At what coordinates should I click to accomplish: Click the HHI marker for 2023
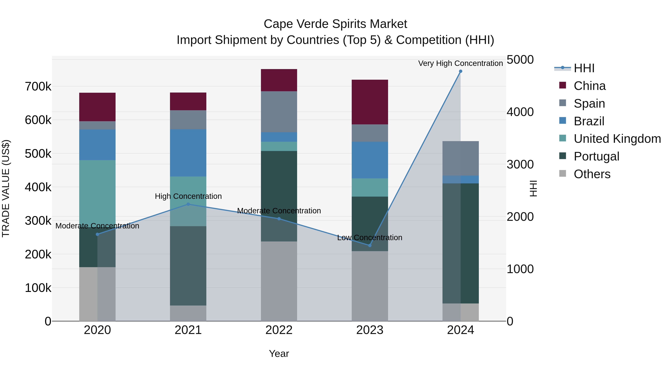coord(370,245)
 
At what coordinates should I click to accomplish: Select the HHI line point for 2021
coord(188,204)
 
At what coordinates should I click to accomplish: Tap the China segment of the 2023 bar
coord(370,102)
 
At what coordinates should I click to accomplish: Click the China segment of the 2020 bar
coord(97,107)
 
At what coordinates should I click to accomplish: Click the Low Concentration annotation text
coord(370,238)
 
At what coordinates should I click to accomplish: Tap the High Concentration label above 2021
coord(188,196)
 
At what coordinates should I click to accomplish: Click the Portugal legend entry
coord(596,156)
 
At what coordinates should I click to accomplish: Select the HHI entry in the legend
coord(584,68)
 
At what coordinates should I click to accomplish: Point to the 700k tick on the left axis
coord(38,86)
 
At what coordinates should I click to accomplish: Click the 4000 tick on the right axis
coord(520,112)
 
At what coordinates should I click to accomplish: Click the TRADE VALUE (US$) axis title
coord(6,188)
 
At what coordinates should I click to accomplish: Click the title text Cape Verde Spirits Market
coord(335,24)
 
